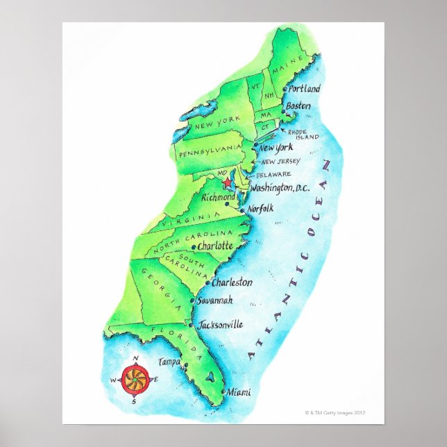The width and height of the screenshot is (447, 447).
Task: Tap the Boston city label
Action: point(298,106)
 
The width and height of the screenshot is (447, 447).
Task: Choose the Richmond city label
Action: point(218,197)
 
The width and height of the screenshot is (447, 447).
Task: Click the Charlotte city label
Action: point(215,246)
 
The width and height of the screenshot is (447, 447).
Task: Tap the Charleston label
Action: point(232,282)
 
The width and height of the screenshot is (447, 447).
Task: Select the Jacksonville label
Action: point(220,324)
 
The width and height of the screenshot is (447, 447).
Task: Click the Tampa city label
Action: point(169,362)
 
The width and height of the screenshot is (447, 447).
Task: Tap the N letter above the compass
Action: point(135,358)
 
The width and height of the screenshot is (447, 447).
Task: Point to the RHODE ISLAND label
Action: point(304,133)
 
